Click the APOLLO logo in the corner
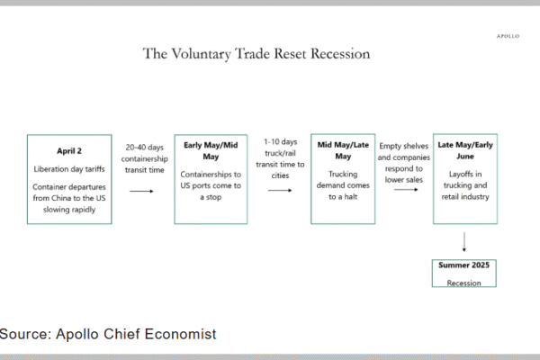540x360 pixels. pos(508,36)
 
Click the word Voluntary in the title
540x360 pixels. pos(201,54)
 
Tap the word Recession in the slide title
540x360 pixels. pos(340,53)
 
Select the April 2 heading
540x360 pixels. pos(69,151)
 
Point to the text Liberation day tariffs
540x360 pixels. pos(69,169)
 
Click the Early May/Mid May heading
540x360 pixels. pos(211,151)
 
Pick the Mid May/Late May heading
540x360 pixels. pos(343,150)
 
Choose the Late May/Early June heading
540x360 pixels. pos(465,150)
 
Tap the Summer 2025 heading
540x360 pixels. pos(463,265)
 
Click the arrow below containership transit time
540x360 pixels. pos(141,191)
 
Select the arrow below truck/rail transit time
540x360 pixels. pos(280,190)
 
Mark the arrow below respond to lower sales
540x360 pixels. pos(406,190)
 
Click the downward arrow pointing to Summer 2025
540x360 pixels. pos(464,242)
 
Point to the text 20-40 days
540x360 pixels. pos(144,148)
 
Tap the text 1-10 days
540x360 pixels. pos(280,142)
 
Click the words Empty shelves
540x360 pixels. pos(403,146)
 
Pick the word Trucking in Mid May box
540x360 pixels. pos(343,175)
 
